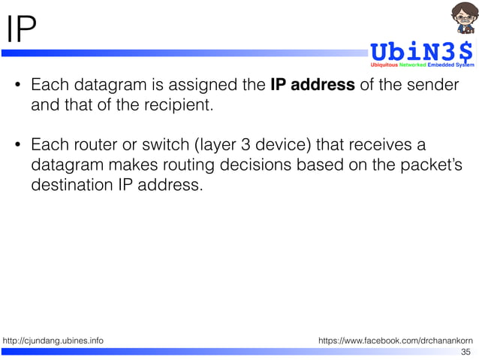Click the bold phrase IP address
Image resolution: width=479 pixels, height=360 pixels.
312,84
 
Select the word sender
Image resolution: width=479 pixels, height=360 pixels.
432,84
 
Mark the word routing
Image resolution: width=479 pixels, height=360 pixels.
194,163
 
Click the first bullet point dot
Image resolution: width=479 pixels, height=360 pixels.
17,85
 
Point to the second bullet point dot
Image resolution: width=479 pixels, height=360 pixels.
17,144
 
